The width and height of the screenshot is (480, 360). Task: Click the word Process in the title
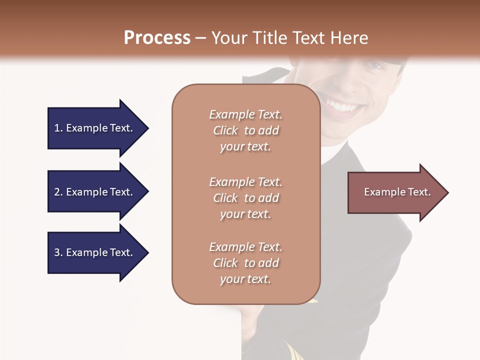[157, 37]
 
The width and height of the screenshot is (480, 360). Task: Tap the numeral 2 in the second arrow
[57, 192]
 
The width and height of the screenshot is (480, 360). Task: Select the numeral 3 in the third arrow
[57, 252]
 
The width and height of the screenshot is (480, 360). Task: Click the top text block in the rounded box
[245, 130]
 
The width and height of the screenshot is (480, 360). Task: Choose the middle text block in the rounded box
[245, 198]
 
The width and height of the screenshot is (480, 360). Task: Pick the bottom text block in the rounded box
[245, 263]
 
